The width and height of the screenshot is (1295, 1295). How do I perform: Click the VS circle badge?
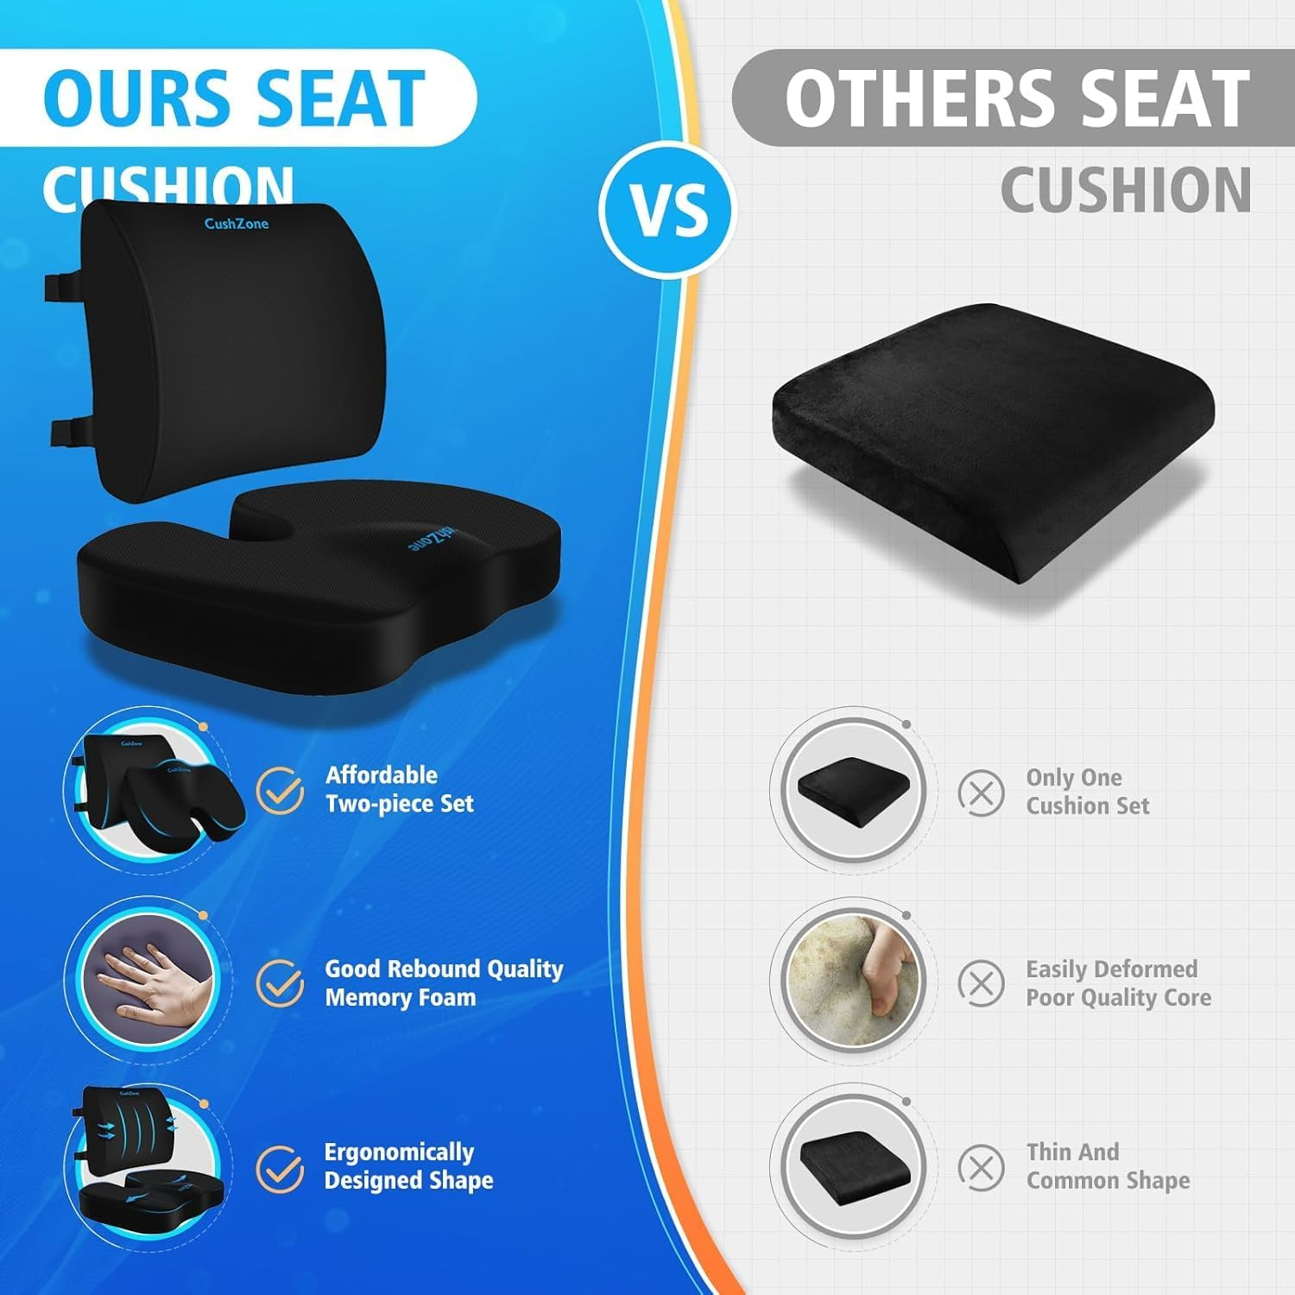coord(667,210)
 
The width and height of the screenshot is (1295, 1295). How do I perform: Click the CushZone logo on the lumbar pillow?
coord(236,224)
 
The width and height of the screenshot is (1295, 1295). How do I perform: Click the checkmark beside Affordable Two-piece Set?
coord(280,791)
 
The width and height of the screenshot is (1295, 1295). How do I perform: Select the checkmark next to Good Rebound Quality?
coord(280,983)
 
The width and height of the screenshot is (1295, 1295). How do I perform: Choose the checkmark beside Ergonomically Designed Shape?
coord(280,1168)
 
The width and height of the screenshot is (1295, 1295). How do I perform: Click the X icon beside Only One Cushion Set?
coord(982,793)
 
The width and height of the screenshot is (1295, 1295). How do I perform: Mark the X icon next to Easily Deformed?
coord(982,983)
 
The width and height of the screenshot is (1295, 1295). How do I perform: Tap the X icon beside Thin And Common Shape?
coord(982,1168)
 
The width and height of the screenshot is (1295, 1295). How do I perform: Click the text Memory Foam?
coord(400,998)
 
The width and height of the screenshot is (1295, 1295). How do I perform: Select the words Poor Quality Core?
coord(1118,998)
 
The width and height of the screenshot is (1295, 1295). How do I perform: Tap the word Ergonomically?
coord(399,1153)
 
